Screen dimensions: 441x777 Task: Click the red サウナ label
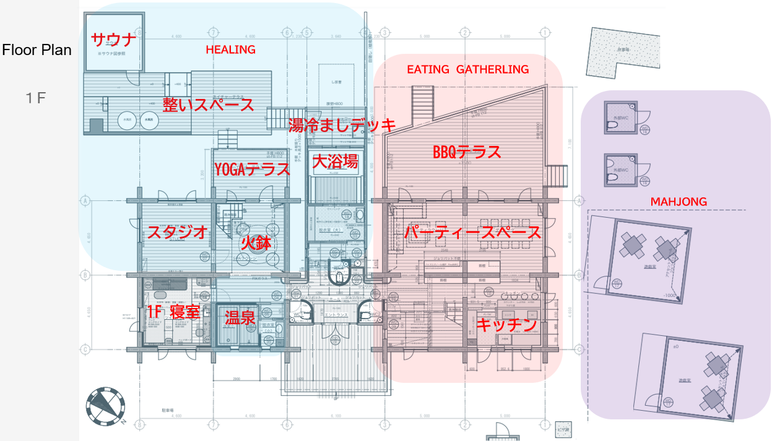click(x=113, y=40)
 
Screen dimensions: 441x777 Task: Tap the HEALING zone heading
click(x=230, y=49)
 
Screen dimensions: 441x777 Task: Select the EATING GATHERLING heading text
click(x=467, y=69)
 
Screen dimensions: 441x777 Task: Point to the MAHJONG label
click(x=679, y=202)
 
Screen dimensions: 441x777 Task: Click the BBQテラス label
click(x=467, y=152)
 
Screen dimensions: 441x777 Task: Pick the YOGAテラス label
click(x=252, y=169)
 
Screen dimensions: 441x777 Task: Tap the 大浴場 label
click(x=335, y=162)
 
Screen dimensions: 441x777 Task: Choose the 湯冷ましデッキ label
click(x=342, y=126)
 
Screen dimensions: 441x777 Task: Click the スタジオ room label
click(x=176, y=233)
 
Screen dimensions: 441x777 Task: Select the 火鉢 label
click(x=256, y=242)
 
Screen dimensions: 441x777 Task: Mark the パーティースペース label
click(x=472, y=233)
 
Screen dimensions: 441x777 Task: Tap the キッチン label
click(x=506, y=325)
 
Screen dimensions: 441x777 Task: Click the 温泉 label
click(x=240, y=317)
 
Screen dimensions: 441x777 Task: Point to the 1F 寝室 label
click(x=173, y=312)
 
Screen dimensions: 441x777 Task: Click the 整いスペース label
click(x=208, y=104)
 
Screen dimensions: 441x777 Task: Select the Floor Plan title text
click(x=37, y=50)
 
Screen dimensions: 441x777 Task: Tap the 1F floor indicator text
click(x=37, y=98)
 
